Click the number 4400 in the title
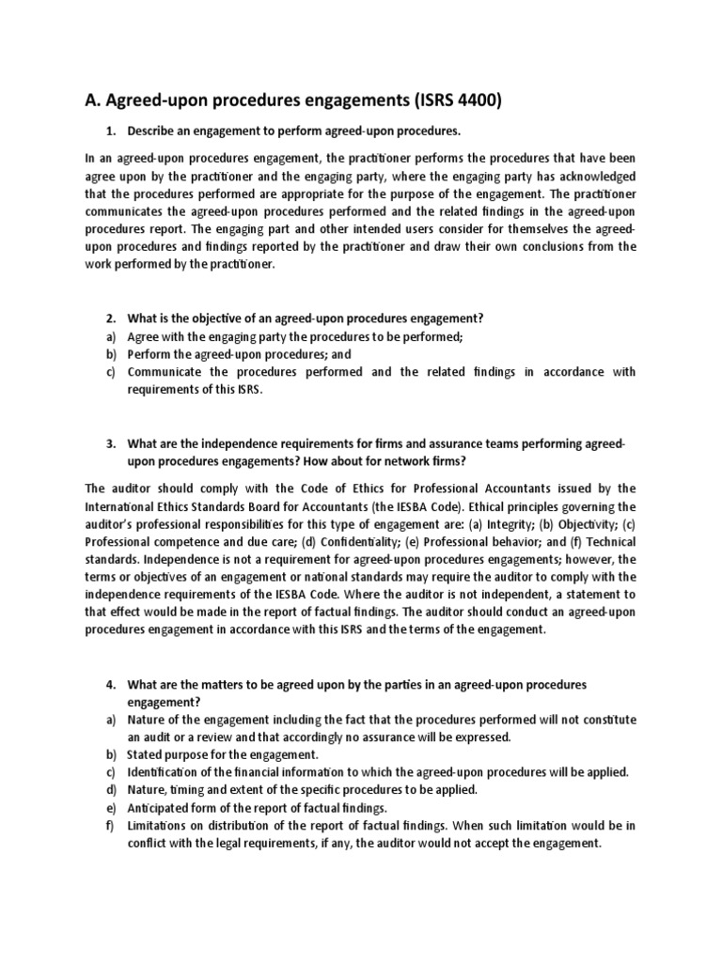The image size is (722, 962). tap(469, 101)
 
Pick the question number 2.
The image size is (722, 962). tap(110, 319)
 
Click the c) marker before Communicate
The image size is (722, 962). tap(110, 372)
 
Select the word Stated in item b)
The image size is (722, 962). tap(148, 754)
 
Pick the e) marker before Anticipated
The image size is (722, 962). tap(110, 808)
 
